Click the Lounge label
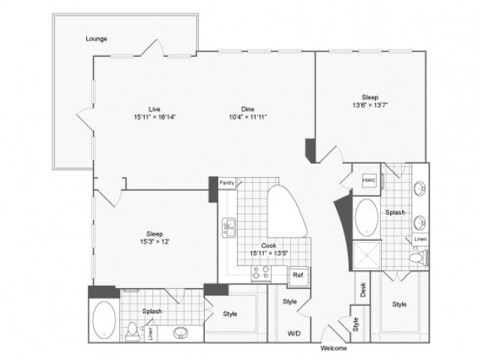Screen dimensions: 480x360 97,39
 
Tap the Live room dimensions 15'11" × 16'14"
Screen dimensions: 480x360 155,117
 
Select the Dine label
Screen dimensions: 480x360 247,109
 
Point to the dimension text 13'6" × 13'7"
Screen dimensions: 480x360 370,105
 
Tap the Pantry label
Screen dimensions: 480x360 226,183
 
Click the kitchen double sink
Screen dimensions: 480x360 229,227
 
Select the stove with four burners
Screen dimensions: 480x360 261,273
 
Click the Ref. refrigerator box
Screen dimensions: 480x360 298,275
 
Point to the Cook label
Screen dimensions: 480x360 268,245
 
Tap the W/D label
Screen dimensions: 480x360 294,333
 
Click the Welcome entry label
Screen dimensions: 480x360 334,348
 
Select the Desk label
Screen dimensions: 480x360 363,289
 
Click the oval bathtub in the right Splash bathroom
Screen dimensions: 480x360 367,217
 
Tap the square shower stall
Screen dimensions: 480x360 367,255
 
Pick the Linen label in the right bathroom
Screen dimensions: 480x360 420,239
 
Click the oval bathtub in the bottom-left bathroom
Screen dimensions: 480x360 104,319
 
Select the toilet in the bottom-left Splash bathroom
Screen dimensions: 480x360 133,331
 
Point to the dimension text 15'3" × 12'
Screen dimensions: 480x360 154,241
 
